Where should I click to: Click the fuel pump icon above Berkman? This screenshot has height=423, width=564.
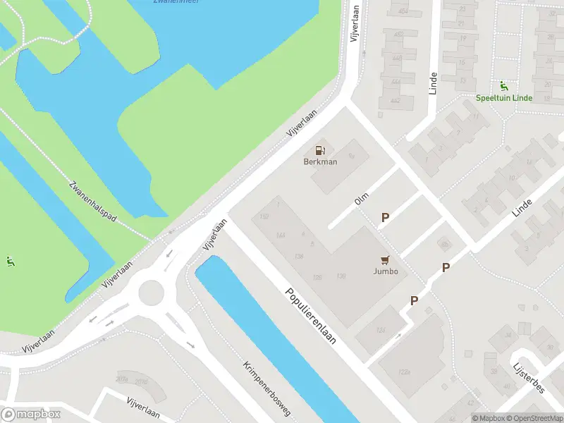point(320,149)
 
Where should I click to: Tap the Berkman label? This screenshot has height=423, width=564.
point(320,161)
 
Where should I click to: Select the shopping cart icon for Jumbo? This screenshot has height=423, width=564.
point(385,260)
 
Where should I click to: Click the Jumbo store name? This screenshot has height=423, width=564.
point(386,271)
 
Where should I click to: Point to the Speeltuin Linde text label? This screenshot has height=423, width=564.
point(503,98)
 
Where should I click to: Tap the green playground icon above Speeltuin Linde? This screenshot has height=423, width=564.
point(503,87)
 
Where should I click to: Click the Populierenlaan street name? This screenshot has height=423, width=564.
point(310,315)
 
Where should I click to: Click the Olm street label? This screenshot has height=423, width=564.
point(362,201)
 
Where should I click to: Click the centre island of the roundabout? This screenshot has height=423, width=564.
point(150,293)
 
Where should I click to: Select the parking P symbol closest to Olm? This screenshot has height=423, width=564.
point(385,218)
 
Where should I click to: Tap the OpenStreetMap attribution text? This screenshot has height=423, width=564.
point(537,418)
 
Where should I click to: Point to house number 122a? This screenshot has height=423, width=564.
point(404,372)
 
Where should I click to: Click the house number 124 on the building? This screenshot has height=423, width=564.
point(381,331)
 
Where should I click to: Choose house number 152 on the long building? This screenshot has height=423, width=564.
point(264,217)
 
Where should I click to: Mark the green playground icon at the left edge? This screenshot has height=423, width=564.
point(9,262)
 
